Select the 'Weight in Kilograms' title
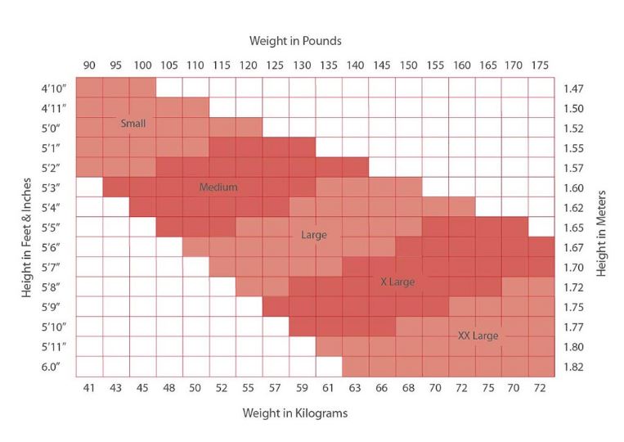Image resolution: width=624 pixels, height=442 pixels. pos(294,413)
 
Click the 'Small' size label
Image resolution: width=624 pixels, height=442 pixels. pos(132,124)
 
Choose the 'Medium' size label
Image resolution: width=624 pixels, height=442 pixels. pos(218,187)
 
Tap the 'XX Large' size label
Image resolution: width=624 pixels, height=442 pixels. pos(478,336)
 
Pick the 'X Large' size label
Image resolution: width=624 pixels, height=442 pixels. pos(398,282)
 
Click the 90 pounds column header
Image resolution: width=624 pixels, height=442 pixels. pos(89,65)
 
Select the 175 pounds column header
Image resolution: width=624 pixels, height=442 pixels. pos(541,65)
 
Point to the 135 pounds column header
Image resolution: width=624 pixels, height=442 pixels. pos(329,65)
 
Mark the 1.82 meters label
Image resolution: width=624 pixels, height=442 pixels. pos(574,367)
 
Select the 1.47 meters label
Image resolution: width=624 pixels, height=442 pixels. pos(574,88)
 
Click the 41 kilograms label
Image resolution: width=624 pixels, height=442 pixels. pos(89,388)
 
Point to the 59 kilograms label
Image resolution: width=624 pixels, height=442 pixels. pos(302,388)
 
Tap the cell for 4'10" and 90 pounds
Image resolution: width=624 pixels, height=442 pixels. pos(89,88)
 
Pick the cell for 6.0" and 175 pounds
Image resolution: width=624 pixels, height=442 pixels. pos(541,366)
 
